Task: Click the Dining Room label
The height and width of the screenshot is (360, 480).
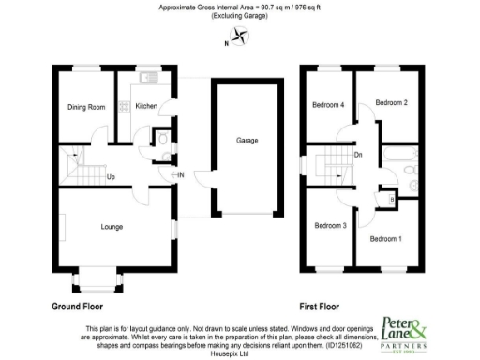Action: pos(85,107)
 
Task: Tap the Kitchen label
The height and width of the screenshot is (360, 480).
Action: pos(146,106)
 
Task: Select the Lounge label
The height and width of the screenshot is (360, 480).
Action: pos(112,226)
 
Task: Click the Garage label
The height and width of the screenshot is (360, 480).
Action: pos(247,141)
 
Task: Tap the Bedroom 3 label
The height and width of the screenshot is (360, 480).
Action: pos(331,225)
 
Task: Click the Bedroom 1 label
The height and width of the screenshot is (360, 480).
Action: pos(385,239)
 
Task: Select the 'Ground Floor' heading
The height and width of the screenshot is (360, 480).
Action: pos(77,307)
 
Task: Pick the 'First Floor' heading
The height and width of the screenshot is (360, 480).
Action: pos(319,307)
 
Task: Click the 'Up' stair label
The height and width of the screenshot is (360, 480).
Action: pos(111,176)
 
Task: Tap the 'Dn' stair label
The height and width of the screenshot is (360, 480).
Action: pos(358,155)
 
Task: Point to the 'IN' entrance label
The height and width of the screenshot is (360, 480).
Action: pos(181,174)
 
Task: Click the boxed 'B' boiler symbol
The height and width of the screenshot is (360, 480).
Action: pos(392,198)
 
